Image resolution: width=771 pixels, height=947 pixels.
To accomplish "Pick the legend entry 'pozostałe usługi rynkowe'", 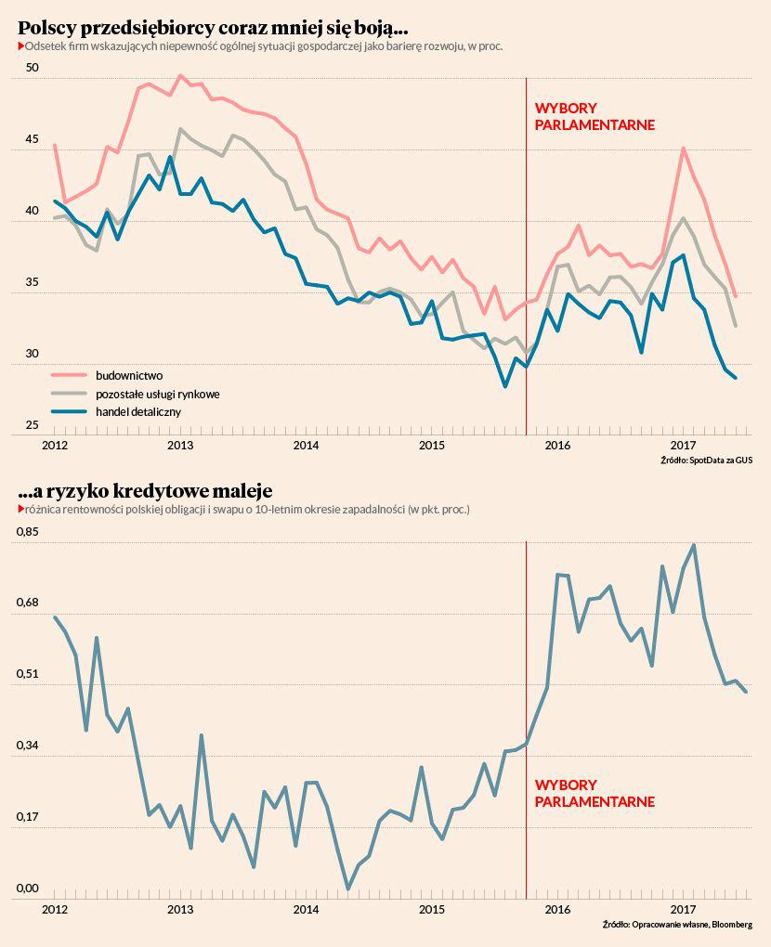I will point(157,394).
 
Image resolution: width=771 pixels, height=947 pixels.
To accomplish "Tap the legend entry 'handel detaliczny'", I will point(138,410).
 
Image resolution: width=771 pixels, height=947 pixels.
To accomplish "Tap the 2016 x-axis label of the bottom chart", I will point(557,908).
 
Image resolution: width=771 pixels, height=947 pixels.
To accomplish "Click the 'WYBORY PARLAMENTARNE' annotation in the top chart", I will point(595,117).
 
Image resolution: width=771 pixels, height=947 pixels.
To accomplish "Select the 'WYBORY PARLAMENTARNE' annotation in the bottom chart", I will point(595,794).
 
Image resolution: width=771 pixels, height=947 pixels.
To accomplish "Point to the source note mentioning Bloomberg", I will point(677,925).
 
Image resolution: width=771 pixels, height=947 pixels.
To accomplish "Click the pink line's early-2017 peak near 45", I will point(683,149).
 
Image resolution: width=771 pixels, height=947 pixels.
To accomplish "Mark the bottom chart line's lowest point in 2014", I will point(347,889).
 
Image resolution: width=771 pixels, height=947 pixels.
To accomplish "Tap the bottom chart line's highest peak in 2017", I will point(694,545).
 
